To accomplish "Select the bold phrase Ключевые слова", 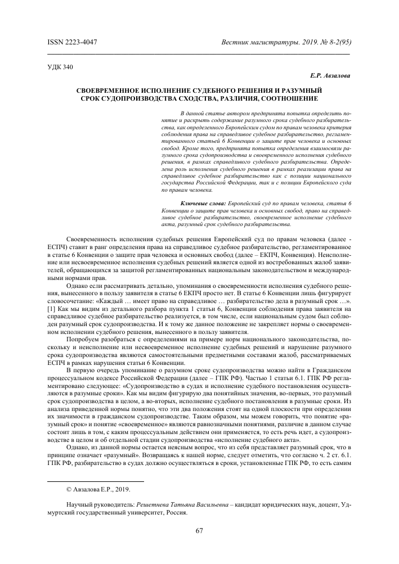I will (x=203, y=202).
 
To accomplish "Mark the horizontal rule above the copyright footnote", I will (x=96, y=481).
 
